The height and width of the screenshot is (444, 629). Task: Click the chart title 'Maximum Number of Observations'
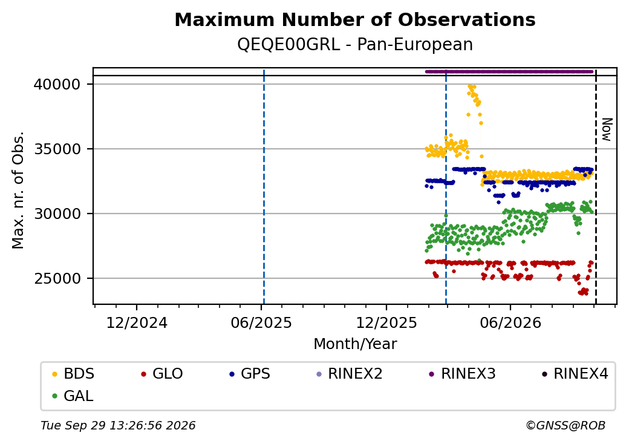click(355, 19)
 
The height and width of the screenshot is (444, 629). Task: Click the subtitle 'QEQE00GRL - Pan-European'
click(355, 44)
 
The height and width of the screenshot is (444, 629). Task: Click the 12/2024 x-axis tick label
click(137, 322)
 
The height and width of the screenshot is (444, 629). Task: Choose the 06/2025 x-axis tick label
click(261, 322)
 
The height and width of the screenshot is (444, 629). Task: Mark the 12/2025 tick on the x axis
click(386, 322)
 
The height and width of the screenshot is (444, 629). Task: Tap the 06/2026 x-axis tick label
click(510, 322)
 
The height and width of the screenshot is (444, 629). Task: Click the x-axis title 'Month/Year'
click(355, 344)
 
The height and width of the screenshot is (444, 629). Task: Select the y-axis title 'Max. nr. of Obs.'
click(18, 190)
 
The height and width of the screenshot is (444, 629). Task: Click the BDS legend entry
click(73, 374)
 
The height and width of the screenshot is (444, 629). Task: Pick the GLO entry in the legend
click(162, 374)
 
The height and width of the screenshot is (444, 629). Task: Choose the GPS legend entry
click(250, 374)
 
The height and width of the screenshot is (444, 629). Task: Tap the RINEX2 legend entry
click(350, 374)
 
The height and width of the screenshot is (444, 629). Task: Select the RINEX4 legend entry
click(575, 374)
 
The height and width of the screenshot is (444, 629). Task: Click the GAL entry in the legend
click(73, 396)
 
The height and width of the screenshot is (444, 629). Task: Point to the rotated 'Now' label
click(607, 129)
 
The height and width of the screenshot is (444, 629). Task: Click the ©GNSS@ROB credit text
click(565, 425)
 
